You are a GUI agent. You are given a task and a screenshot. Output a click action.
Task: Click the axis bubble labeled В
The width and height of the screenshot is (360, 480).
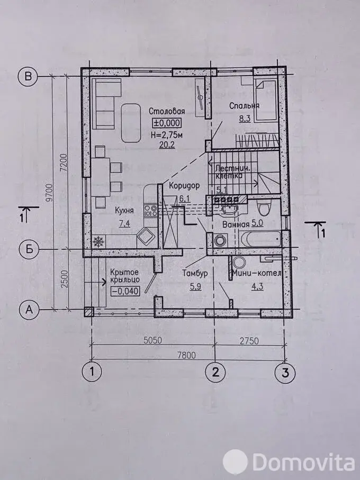coord(28,76)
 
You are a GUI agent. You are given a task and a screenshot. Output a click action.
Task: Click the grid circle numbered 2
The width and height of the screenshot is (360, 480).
coord(215,373)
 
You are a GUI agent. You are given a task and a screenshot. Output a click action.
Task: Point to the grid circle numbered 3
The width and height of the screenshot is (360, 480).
coord(285,373)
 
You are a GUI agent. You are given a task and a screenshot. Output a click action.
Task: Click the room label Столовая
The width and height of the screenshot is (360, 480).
coord(167,111)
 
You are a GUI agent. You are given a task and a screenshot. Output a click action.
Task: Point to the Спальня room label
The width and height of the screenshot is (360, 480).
coord(244,106)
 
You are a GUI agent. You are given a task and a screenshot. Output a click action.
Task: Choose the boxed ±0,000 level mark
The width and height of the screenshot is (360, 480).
coord(167,123)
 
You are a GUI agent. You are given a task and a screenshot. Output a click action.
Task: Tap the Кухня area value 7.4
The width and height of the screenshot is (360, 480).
coord(124,224)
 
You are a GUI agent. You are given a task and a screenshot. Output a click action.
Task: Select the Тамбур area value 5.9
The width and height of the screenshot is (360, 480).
coord(195,287)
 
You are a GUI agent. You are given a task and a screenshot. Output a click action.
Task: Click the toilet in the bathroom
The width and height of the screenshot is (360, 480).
coord(264,209)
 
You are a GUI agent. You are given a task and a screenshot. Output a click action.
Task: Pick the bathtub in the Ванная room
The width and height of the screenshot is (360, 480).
coord(260,239)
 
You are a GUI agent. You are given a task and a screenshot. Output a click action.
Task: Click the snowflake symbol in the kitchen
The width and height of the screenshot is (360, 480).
coord(98,242)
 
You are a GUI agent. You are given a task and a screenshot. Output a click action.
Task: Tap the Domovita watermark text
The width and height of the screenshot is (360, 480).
coord(303,461)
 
